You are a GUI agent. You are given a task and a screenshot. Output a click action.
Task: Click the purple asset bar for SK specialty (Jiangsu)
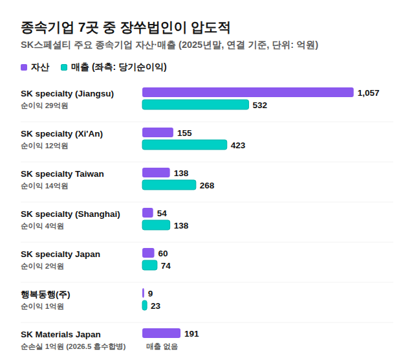[x=248, y=92]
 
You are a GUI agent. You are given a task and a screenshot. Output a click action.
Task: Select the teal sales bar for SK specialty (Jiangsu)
[x=195, y=105]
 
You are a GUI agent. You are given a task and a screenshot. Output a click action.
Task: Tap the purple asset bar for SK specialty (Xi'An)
[x=158, y=133]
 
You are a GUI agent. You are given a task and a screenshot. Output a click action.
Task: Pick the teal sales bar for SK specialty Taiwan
[x=169, y=185]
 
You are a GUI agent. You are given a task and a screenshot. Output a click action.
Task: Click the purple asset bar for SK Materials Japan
[x=161, y=333]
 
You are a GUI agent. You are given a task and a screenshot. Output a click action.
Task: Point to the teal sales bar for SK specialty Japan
[x=149, y=265]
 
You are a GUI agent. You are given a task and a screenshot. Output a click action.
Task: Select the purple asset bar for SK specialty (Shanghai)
[x=147, y=213]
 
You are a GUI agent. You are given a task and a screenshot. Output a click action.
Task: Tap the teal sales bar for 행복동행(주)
[x=144, y=306]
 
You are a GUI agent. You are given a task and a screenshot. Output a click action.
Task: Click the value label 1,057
[x=368, y=93]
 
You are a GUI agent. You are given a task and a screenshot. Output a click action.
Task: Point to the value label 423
[x=238, y=146]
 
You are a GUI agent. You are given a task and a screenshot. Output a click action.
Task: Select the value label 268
[x=207, y=186]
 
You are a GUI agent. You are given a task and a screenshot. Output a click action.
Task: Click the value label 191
[x=191, y=334]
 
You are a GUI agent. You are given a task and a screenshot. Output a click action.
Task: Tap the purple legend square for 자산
[x=24, y=67]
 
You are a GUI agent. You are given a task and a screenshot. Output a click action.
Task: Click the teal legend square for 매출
[x=64, y=67]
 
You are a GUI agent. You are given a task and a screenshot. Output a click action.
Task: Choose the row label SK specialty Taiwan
[x=62, y=174]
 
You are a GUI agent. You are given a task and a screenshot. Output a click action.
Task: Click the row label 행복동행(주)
[x=45, y=295]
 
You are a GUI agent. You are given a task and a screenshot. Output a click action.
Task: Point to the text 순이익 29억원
[x=45, y=106]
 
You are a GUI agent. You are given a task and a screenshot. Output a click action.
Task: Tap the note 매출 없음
[x=162, y=346]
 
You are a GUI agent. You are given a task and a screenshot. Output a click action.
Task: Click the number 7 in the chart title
[x=82, y=27]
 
